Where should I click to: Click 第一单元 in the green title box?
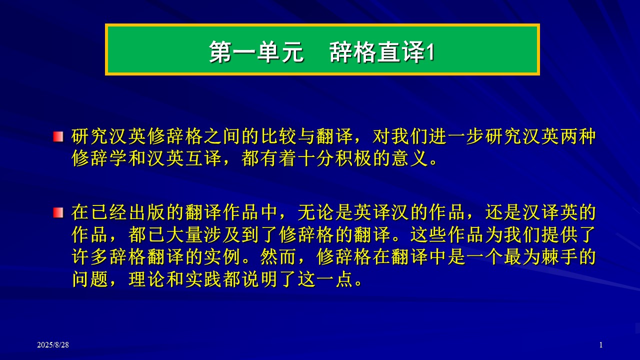(x=256, y=51)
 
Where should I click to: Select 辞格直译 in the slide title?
(x=377, y=51)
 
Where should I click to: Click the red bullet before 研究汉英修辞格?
(x=58, y=136)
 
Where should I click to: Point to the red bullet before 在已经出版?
(x=58, y=212)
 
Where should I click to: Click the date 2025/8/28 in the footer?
(x=53, y=345)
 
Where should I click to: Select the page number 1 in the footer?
(x=601, y=345)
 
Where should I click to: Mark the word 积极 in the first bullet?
(x=353, y=158)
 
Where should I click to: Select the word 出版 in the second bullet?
(x=147, y=212)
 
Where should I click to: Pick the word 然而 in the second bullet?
(x=278, y=257)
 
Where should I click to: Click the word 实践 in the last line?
(x=203, y=279)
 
